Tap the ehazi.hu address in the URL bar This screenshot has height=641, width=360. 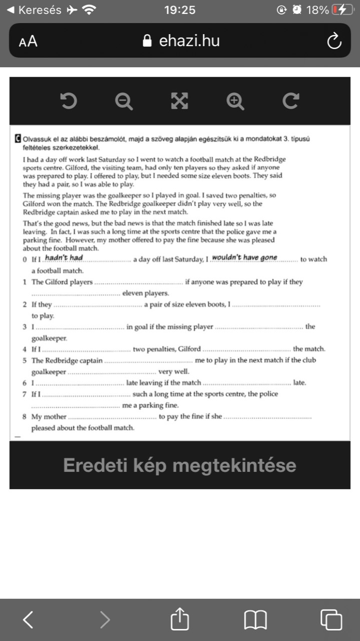tap(189, 41)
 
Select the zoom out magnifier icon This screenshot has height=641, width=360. tap(124, 101)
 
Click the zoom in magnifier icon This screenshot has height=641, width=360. tap(235, 101)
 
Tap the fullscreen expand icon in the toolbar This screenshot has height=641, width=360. tap(179, 101)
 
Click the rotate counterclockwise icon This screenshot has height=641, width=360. tap(69, 101)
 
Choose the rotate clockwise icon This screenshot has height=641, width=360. tap(290, 101)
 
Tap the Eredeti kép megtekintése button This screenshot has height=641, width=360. tap(180, 465)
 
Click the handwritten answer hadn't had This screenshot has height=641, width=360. tap(64, 258)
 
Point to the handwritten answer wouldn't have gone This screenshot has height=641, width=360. tap(244, 258)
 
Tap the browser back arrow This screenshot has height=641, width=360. tap(29, 620)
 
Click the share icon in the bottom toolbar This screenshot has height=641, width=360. tap(180, 620)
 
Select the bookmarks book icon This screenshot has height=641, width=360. tap(255, 620)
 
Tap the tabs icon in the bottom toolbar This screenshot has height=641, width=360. tap(331, 620)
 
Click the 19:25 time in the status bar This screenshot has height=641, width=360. tap(180, 10)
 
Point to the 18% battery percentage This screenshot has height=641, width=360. tap(317, 10)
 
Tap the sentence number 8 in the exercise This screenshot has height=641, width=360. tap(25, 417)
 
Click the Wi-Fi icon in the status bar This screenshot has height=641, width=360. tap(89, 10)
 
